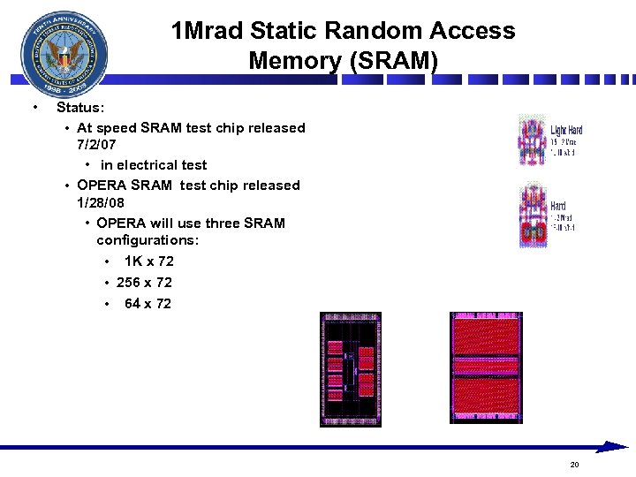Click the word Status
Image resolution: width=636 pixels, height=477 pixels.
click(x=79, y=108)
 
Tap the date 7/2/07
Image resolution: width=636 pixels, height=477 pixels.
click(x=96, y=144)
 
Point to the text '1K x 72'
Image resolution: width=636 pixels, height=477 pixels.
click(x=148, y=261)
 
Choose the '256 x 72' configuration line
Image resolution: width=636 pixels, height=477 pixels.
click(x=144, y=283)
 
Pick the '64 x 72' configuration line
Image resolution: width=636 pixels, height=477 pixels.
click(x=148, y=304)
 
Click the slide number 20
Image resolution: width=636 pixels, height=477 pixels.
click(x=574, y=465)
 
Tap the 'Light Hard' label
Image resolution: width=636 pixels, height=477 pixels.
click(x=566, y=131)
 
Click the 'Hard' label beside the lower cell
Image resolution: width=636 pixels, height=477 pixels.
click(x=558, y=206)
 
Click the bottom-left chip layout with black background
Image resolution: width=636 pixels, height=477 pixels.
click(x=351, y=368)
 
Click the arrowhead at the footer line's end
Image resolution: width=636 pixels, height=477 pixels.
click(x=613, y=447)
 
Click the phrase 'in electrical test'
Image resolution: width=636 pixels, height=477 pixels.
click(x=154, y=165)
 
